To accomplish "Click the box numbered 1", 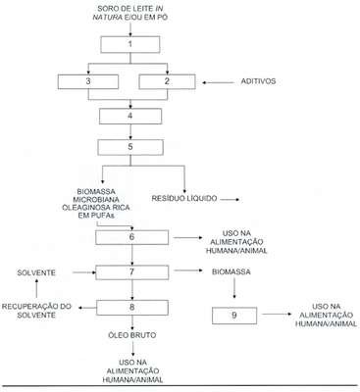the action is (130, 44).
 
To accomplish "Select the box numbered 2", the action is (167, 81).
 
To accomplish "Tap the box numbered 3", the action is (88, 81).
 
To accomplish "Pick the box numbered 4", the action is (130, 116).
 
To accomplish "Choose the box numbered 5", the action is (130, 147).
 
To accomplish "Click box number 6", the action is (131, 237).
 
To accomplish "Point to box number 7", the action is (131, 272).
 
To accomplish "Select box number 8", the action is (132, 308).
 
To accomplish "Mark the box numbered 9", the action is (234, 316).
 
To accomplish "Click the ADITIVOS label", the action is (258, 81).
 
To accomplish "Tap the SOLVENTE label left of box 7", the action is (36, 272).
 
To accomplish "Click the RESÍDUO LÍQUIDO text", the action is (184, 198).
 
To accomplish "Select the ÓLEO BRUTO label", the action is (132, 335).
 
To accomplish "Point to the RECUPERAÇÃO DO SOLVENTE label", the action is (36, 311).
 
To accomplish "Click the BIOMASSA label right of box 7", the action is (231, 271).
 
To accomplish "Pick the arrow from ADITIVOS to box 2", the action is (218, 82).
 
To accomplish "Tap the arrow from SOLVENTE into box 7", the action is (84, 272).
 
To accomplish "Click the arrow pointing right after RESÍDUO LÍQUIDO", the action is (231, 199).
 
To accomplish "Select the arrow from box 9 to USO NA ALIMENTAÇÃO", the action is (277, 314).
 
